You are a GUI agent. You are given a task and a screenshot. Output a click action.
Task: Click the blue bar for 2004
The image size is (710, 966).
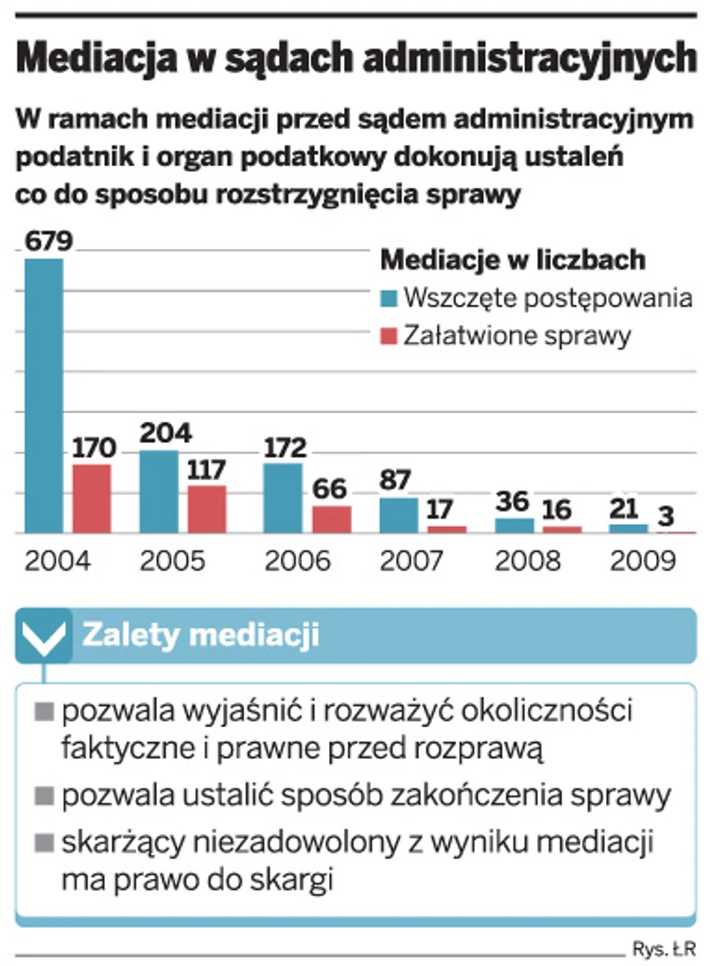click(x=43, y=396)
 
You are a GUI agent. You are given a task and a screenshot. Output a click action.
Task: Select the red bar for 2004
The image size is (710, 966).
click(x=92, y=498)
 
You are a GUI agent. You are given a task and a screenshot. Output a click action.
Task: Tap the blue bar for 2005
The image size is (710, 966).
click(x=159, y=491)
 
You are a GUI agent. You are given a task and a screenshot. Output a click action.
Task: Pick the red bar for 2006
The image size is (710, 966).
click(x=332, y=519)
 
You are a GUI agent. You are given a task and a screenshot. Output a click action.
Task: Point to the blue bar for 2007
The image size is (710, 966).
click(x=399, y=515)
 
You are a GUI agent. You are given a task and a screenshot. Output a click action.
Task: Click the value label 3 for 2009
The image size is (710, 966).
click(x=669, y=515)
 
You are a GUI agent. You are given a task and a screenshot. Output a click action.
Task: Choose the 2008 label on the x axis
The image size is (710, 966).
click(x=527, y=560)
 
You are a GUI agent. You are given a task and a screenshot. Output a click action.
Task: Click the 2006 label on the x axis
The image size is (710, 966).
click(x=298, y=560)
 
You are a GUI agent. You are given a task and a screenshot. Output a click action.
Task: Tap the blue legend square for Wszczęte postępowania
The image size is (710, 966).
click(x=388, y=298)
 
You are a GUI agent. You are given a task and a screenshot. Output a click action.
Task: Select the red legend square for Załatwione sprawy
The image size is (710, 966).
click(x=388, y=336)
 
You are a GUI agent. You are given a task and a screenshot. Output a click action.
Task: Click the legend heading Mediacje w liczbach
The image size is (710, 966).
click(x=512, y=260)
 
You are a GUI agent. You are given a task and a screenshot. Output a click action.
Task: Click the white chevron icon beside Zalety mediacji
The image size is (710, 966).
click(x=43, y=637)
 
